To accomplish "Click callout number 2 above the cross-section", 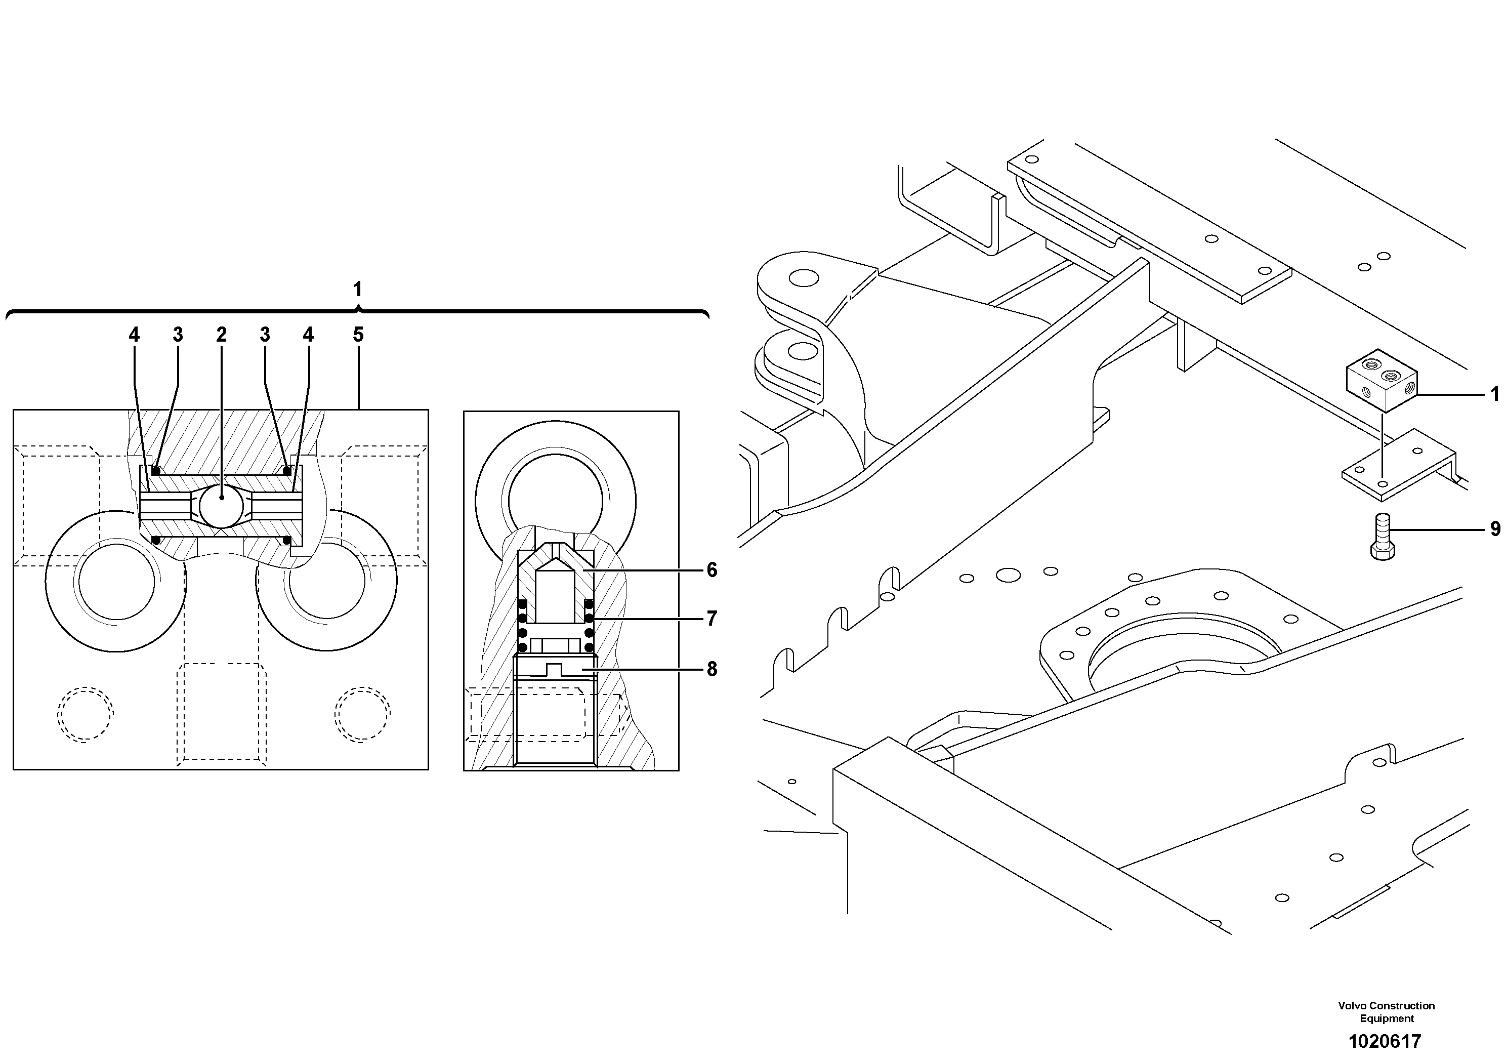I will coord(222,335).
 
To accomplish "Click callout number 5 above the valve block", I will coord(358,335).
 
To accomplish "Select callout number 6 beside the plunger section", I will coord(712,570).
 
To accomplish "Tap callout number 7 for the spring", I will coord(712,619).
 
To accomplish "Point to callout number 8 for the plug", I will coord(712,670).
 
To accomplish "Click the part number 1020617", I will coord(1384,1041).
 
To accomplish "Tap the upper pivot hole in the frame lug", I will coord(804,278).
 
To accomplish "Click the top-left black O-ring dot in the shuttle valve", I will coord(156,471).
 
